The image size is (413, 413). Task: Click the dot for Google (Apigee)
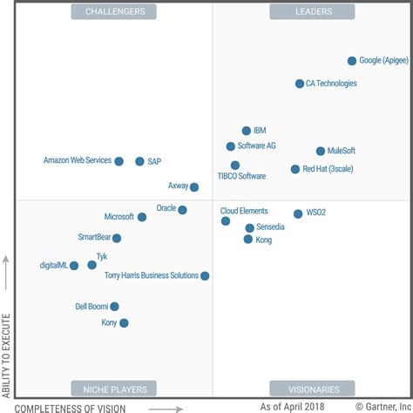click(352, 61)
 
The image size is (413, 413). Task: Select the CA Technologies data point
click(300, 84)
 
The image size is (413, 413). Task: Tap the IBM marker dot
click(247, 131)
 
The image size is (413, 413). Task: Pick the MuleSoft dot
click(321, 151)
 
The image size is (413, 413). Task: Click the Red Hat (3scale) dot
click(295, 169)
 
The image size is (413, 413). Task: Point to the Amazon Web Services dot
click(118, 161)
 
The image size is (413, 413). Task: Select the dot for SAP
click(139, 161)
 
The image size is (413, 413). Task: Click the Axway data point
click(194, 186)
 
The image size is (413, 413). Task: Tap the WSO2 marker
click(298, 213)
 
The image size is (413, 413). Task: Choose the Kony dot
click(124, 322)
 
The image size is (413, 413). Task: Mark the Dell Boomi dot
click(114, 306)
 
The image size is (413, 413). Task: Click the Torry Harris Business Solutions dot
click(205, 275)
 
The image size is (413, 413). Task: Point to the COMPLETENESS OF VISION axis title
click(71, 407)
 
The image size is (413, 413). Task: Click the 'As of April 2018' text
click(292, 406)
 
